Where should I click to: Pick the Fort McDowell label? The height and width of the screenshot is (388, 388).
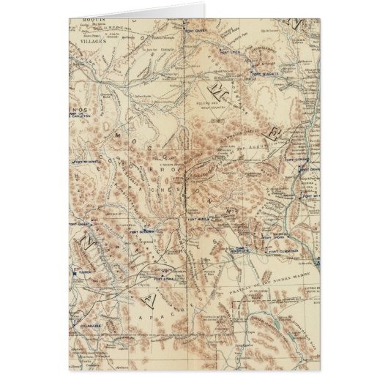click(x=86, y=158)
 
